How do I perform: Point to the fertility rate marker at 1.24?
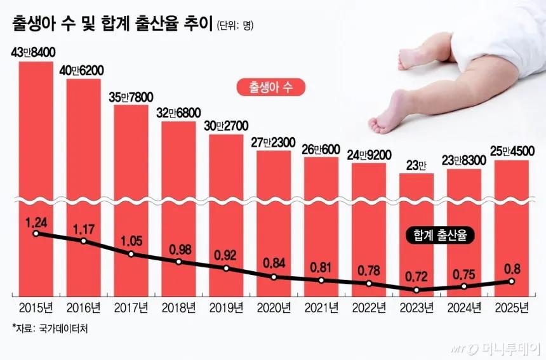coord(36,234)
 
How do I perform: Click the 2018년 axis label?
coord(178,309)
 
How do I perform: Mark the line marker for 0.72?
coord(416,290)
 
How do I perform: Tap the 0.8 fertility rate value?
coord(512,267)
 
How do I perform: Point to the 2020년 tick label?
coord(274,309)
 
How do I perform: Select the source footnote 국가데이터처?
coord(47,329)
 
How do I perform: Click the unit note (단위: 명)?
coord(236,26)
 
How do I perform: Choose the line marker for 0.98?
coord(178,261)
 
